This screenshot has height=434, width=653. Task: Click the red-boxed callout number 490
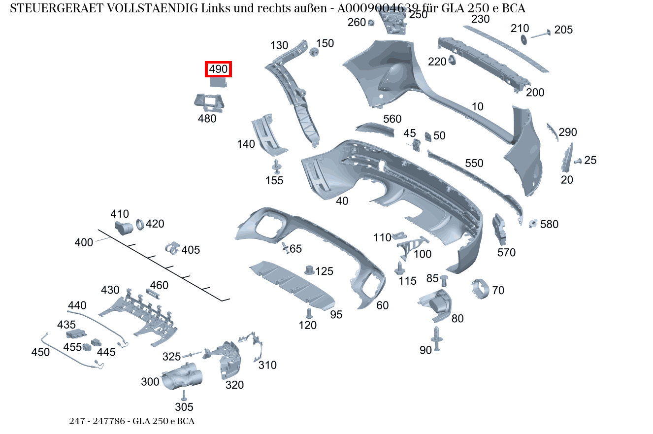pyautogui.click(x=218, y=69)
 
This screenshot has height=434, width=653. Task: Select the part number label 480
pyautogui.click(x=207, y=119)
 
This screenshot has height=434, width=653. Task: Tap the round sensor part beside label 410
pyautogui.click(x=124, y=228)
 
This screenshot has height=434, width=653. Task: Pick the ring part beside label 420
pyautogui.click(x=140, y=224)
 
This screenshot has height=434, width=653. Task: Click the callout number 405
pyautogui.click(x=191, y=250)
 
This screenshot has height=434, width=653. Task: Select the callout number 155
pyautogui.click(x=274, y=180)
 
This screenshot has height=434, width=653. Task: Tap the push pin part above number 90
pyautogui.click(x=436, y=338)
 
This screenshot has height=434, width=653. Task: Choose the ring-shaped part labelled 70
pyautogui.click(x=480, y=289)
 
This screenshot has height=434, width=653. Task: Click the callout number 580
pyautogui.click(x=549, y=224)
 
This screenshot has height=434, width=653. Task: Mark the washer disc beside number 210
pyautogui.click(x=523, y=39)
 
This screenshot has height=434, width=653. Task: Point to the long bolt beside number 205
pyautogui.click(x=541, y=34)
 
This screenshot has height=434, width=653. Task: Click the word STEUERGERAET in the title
pyautogui.click(x=57, y=8)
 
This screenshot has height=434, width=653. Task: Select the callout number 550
pyautogui.click(x=474, y=164)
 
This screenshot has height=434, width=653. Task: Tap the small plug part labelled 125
pyautogui.click(x=309, y=270)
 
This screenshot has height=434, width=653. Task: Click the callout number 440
pyautogui.click(x=77, y=305)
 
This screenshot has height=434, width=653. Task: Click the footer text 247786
pyautogui.click(x=109, y=421)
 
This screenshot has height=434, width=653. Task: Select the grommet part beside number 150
pyautogui.click(x=314, y=52)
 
